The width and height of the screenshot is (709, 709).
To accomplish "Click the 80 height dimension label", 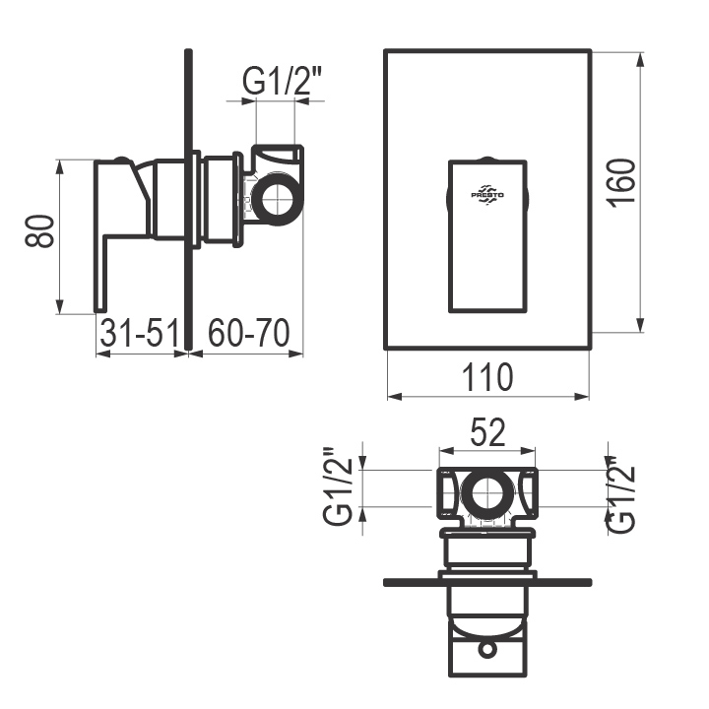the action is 39,231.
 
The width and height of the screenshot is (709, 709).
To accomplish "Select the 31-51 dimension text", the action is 140,333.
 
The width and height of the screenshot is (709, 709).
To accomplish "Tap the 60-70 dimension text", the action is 249,333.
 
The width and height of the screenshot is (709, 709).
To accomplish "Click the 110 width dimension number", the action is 487,377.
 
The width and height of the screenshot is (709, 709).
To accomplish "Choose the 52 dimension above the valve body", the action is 487,432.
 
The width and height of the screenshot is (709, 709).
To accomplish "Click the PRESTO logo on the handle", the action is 487,195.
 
